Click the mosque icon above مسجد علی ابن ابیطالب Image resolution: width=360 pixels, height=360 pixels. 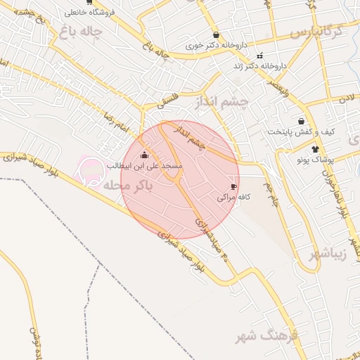(x=145, y=155)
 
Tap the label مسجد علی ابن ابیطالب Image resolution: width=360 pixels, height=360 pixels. (x=145, y=165)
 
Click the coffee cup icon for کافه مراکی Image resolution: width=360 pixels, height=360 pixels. (x=233, y=186)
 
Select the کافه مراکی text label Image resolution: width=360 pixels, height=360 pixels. (x=233, y=198)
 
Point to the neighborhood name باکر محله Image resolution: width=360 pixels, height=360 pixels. (x=127, y=186)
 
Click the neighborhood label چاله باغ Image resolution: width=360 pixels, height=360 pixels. (x=81, y=32)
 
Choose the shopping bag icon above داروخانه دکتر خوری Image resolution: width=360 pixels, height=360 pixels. (x=215, y=34)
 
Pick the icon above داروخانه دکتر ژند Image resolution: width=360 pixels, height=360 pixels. (x=259, y=56)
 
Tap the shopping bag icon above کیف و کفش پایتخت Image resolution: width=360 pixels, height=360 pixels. (x=301, y=121)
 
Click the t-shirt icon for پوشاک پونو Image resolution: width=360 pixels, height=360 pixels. (x=315, y=149)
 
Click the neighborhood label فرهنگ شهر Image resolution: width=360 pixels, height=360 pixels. (x=267, y=335)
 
